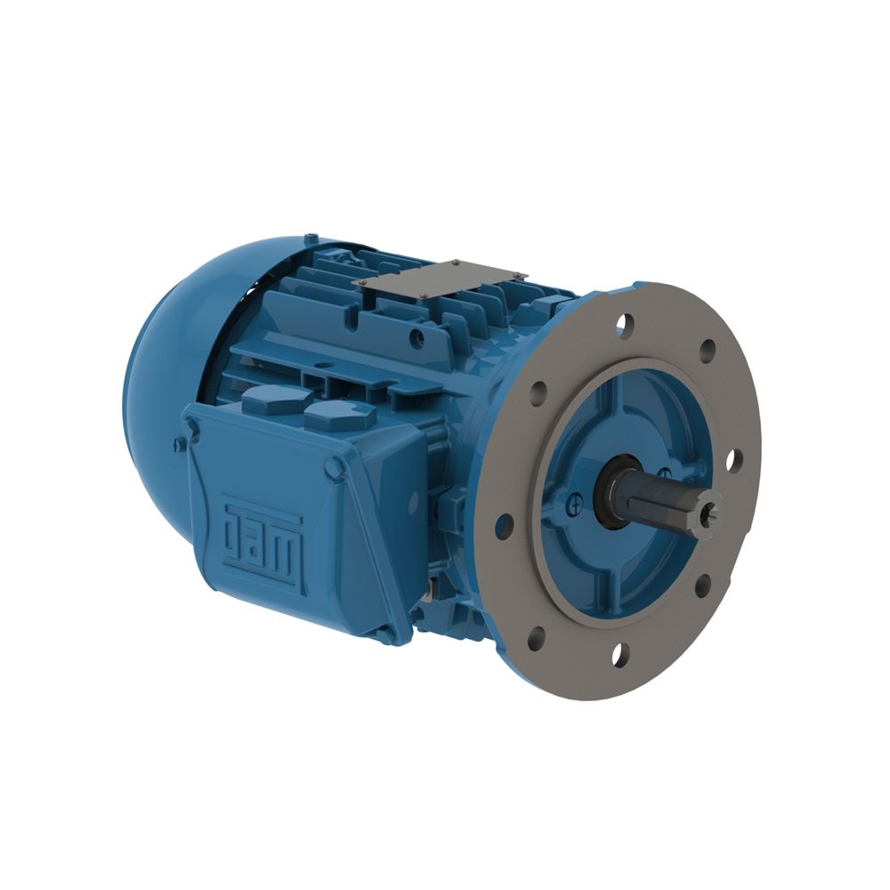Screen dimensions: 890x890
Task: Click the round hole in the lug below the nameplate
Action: pyautogui.click(x=416, y=337)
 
